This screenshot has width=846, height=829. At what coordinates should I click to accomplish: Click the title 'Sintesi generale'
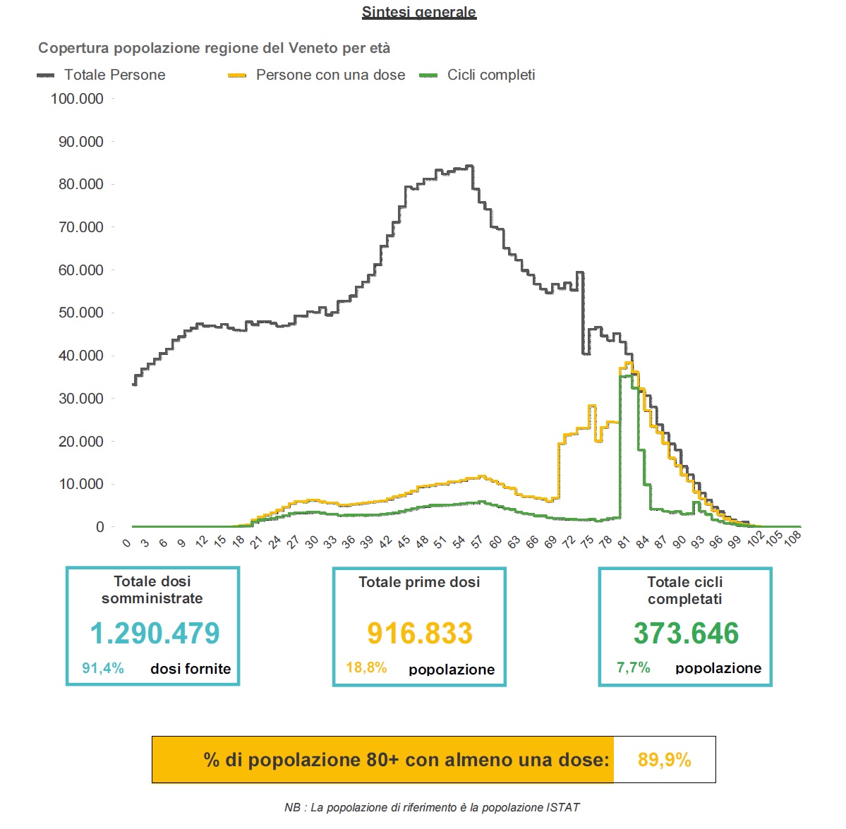point(419,12)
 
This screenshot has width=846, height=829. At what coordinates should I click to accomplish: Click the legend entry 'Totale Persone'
point(114,75)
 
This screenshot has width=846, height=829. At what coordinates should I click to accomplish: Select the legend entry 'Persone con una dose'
point(330,75)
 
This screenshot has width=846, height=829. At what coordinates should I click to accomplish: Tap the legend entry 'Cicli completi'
point(491,75)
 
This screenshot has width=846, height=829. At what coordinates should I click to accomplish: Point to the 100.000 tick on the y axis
point(77,99)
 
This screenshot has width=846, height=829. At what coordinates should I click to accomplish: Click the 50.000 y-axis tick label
point(80,313)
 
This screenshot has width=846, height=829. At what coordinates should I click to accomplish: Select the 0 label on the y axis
point(99,527)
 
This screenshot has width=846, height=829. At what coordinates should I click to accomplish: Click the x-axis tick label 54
point(459,542)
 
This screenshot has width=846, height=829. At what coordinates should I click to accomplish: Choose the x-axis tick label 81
point(623,542)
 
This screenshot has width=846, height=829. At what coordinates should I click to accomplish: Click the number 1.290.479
point(155,633)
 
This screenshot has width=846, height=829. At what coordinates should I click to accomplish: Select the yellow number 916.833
point(420,633)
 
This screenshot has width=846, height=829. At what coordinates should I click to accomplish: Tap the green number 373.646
point(686,633)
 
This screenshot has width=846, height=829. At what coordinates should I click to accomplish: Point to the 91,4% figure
point(103,668)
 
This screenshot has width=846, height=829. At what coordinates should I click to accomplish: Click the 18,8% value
point(366,667)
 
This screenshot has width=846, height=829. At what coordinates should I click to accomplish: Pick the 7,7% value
point(633,667)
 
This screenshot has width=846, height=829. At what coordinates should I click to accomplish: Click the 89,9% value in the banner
point(664,760)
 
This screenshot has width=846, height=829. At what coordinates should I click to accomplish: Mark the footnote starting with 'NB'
point(432,807)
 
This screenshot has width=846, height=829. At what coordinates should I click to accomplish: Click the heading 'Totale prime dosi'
point(419,582)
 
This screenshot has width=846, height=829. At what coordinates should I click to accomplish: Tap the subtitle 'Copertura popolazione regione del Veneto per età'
point(214,48)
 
